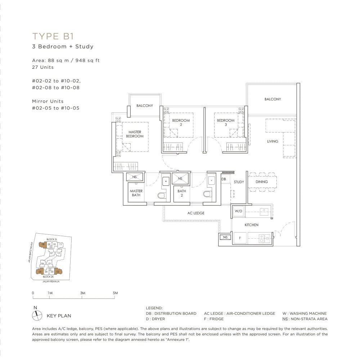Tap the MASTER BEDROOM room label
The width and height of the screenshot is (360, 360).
point(135,134)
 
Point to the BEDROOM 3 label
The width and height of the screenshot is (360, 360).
point(226,122)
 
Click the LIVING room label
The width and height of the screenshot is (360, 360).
point(273,141)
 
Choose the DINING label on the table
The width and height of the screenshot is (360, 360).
point(262,182)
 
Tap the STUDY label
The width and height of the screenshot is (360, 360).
point(239,182)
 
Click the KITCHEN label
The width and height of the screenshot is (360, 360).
point(251,225)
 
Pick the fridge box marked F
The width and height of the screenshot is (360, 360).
point(239,238)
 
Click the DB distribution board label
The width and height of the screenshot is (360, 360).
point(224,179)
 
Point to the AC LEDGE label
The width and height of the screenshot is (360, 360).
point(196,213)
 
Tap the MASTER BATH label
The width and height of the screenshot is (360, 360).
point(136,193)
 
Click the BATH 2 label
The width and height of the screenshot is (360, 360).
point(182,193)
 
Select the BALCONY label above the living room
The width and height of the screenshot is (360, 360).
point(273,99)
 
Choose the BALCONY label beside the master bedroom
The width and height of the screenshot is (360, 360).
point(145,106)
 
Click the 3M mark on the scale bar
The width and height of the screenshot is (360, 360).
point(82,293)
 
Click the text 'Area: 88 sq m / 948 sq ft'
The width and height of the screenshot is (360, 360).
point(66,60)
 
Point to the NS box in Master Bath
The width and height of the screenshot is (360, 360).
point(134,177)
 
